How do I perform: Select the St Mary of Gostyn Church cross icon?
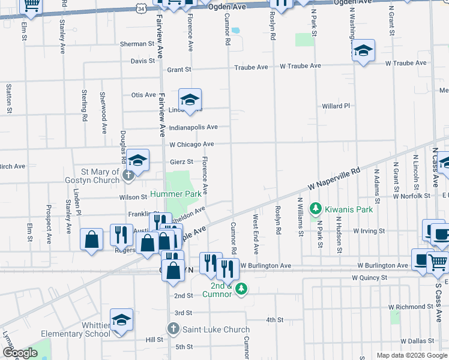pyautogui.click(x=127, y=176)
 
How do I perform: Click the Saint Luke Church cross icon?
pyautogui.click(x=173, y=329)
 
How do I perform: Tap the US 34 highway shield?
pyautogui.click(x=140, y=8)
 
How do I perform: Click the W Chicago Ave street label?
pyautogui.click(x=191, y=145)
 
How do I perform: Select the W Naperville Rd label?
pyautogui.click(x=335, y=178)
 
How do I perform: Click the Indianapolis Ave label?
pyautogui.click(x=193, y=127)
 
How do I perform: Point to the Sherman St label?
pyautogui.click(x=137, y=44)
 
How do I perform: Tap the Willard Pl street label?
pyautogui.click(x=336, y=106)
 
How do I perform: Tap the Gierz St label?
pyautogui.click(x=181, y=161)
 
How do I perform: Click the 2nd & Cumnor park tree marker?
pyautogui.click(x=241, y=289)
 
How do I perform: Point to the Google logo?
pyautogui.click(x=20, y=353)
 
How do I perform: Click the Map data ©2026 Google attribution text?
pyautogui.click(x=411, y=355)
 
